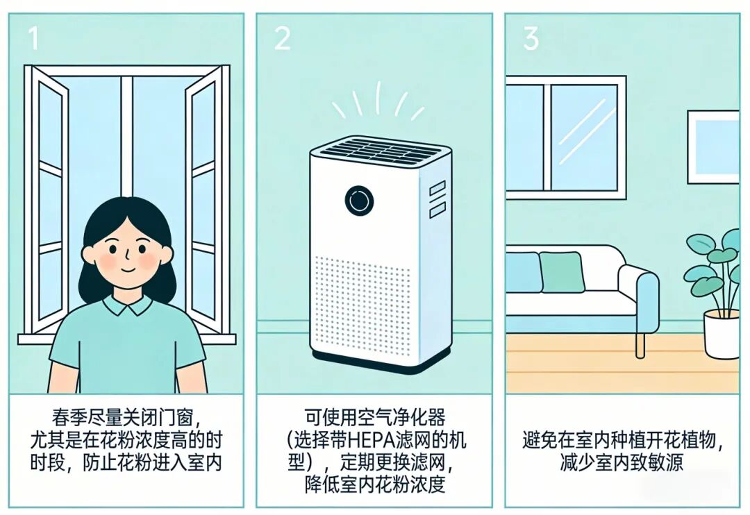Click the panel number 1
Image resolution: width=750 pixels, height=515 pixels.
[x=33, y=40]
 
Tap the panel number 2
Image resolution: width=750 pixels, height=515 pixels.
[x=282, y=39]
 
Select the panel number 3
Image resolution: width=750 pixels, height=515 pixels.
[x=531, y=39]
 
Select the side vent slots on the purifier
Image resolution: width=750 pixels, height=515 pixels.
[x=437, y=199]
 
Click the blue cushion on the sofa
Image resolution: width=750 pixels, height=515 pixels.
[x=523, y=271]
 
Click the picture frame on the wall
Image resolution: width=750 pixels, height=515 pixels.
[x=713, y=146]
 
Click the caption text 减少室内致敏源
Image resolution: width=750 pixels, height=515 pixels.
[x=622, y=463]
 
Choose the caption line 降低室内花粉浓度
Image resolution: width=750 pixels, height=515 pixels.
[x=375, y=484]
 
